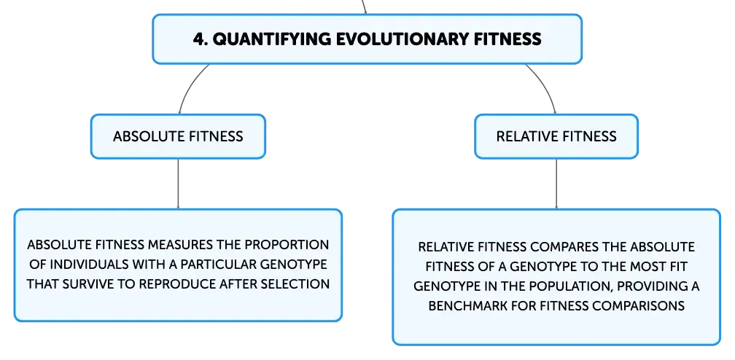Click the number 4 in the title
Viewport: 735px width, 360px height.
[x=200, y=39]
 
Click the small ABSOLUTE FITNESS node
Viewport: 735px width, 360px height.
[x=178, y=136]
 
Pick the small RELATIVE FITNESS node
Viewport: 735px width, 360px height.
[x=556, y=136]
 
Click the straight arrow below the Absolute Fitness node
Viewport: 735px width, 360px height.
[x=178, y=184]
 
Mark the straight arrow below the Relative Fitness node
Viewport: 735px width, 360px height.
[x=556, y=184]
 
